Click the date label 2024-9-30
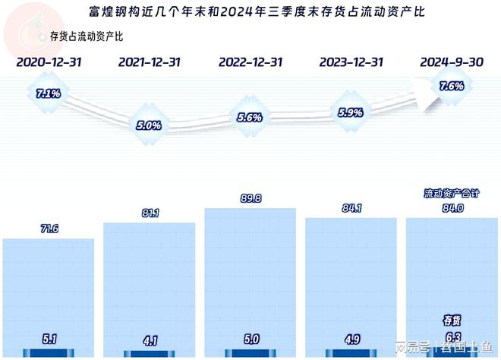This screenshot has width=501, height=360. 452,62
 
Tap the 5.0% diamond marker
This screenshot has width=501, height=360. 148,125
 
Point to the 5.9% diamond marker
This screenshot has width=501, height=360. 350,112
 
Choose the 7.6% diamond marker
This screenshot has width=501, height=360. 451,87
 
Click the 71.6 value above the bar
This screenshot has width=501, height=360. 49,228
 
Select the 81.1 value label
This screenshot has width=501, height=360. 149,213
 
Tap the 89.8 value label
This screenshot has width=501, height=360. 250,199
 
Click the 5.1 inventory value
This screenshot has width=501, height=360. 49,338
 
